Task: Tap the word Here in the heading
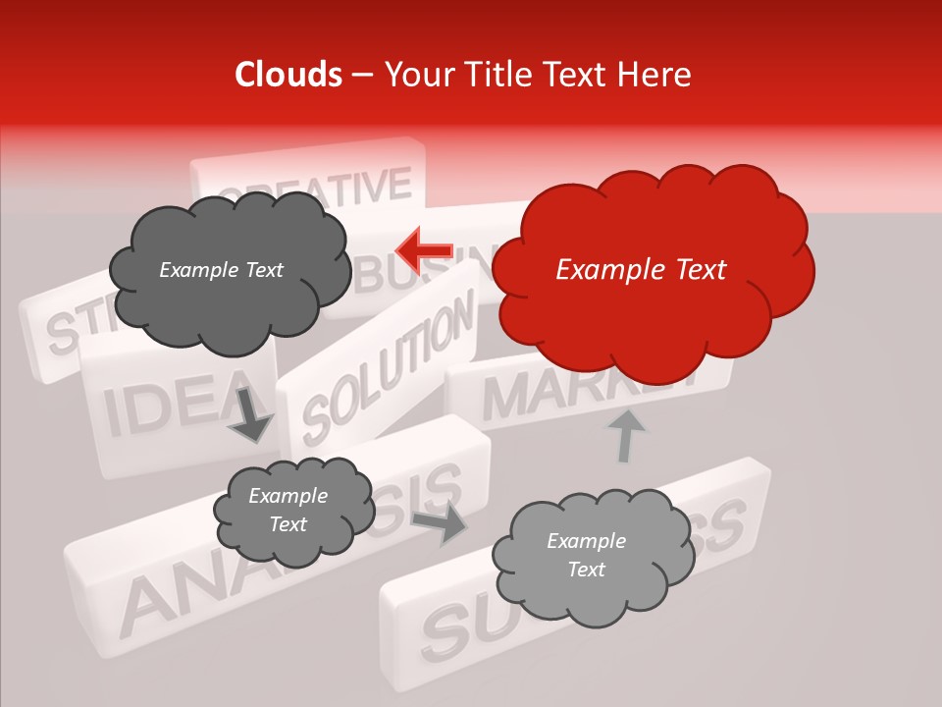(656, 75)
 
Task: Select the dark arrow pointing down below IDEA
(249, 413)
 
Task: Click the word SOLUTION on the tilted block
(387, 370)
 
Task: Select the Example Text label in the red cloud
(641, 270)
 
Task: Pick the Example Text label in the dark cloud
(221, 270)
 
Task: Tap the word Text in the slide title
(576, 75)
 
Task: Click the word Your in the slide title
(416, 75)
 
